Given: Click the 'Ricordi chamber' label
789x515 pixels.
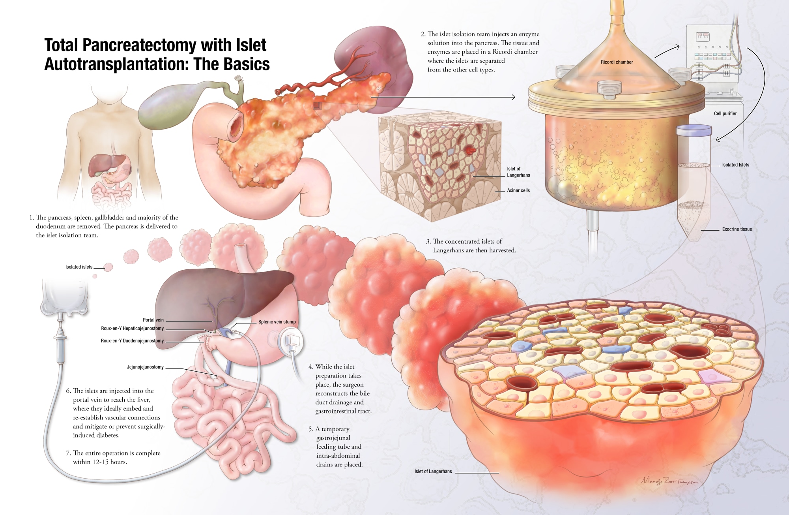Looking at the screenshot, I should (617, 62).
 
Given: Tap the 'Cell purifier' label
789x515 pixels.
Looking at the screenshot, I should (725, 113).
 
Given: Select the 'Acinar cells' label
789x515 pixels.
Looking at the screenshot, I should (518, 190).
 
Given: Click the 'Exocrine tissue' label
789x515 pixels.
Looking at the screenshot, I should (737, 229).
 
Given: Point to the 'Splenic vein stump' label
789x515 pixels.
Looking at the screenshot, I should (277, 322).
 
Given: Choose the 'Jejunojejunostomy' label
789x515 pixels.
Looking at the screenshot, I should (145, 367).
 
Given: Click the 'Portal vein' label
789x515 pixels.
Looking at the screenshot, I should (153, 320).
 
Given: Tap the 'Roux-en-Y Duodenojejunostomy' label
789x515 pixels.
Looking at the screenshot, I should (132, 341).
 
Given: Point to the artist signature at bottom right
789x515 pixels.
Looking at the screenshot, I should (669, 481).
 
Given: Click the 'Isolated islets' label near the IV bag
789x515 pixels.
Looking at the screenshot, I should (79, 267).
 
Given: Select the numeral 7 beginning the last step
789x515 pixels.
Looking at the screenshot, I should (68, 453).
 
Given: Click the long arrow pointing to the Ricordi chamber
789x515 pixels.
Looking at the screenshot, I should (442, 97).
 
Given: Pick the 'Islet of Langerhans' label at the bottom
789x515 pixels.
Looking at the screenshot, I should (433, 471).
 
